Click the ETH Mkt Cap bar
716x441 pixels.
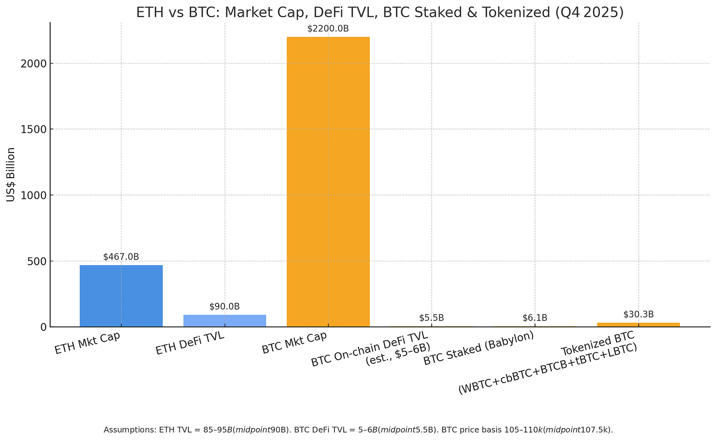[121, 296]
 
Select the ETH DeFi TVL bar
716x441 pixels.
[225, 321]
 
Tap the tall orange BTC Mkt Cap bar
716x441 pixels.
[328, 182]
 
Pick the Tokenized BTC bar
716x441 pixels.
[638, 325]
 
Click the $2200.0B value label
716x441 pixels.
[328, 29]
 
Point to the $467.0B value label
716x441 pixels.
[121, 257]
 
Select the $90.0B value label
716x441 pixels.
[225, 307]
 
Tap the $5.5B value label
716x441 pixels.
[431, 318]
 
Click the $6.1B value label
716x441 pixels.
[535, 318]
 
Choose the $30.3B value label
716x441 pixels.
[638, 315]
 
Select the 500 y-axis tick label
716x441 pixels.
[37, 261]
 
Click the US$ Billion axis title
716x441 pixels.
[11, 175]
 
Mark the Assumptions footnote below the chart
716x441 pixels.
[358, 430]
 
